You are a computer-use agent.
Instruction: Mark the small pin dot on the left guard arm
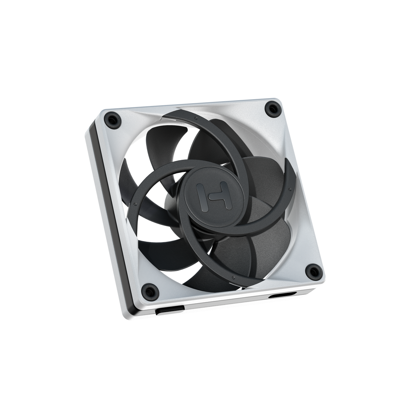point(135,204)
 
